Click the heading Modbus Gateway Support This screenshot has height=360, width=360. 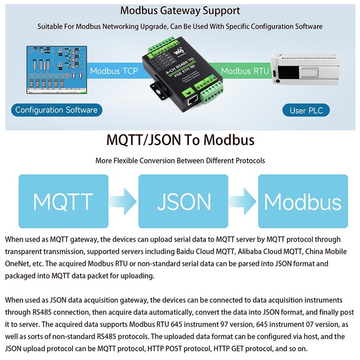(x=180, y=10)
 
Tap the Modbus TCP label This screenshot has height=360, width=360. (x=111, y=71)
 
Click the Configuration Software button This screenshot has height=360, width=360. (x=56, y=110)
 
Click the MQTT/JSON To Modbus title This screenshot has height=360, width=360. (x=180, y=140)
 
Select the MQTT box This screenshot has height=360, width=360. (x=63, y=201)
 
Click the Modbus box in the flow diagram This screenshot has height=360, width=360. (x=302, y=201)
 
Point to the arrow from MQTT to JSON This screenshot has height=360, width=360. (x=123, y=201)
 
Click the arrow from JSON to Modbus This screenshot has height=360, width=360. (x=243, y=201)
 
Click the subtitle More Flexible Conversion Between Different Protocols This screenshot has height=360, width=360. (x=180, y=161)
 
